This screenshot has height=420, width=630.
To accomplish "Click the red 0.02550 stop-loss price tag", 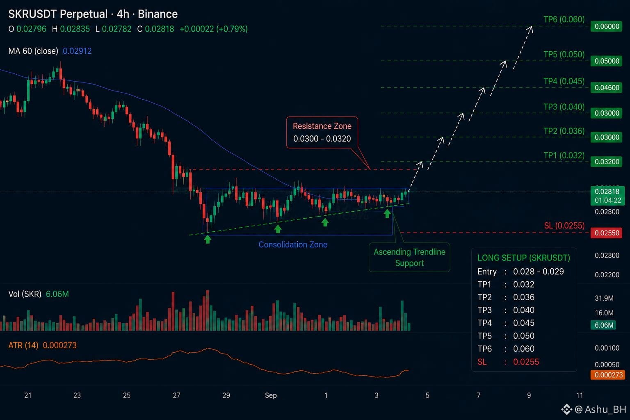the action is (x=606, y=233).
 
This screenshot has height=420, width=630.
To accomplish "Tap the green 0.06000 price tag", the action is (x=606, y=26).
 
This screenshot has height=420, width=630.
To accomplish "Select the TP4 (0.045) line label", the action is (x=564, y=81).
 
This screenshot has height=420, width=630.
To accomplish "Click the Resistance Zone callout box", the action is (x=322, y=132).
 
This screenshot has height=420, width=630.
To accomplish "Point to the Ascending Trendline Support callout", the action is (x=409, y=258).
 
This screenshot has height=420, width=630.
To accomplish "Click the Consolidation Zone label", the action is (x=293, y=244).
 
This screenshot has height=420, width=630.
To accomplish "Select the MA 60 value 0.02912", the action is (x=77, y=51).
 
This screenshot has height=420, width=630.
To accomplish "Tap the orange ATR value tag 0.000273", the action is (x=608, y=375).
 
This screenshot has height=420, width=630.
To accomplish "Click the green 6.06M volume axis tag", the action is (x=604, y=325).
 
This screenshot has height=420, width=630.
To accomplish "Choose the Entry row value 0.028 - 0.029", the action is (x=538, y=272).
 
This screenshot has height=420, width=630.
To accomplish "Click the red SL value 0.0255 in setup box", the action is (x=526, y=362).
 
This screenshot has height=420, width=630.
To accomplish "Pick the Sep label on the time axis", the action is (x=271, y=395).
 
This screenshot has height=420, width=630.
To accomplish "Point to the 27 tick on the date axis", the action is (x=176, y=395).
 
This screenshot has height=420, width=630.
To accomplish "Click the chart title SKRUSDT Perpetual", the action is (x=58, y=14).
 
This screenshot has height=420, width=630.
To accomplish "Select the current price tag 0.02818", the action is (x=607, y=192).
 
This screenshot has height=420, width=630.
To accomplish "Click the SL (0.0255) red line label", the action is (x=564, y=226).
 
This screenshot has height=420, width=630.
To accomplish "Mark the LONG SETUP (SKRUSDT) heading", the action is (x=524, y=258).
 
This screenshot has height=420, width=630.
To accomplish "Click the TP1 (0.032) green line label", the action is (x=564, y=155).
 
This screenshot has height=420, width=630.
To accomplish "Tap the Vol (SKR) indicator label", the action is (x=25, y=294).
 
